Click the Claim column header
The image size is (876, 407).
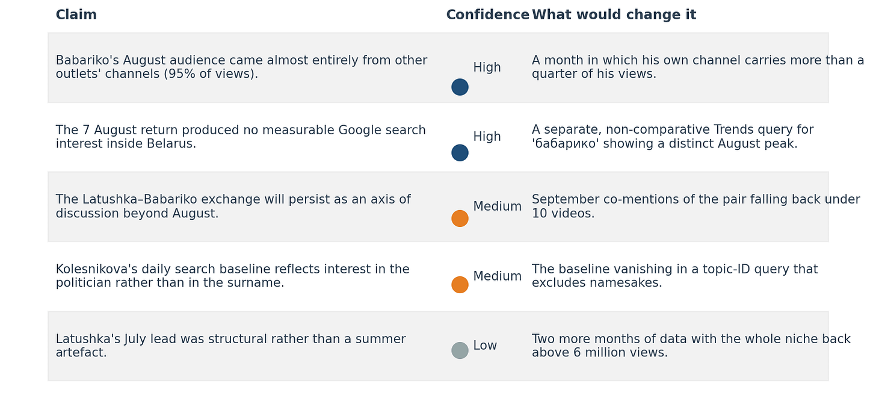tap(76, 15)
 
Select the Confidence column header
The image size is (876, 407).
tap(488, 15)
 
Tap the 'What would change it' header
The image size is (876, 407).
tap(614, 15)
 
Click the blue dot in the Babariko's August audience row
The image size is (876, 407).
tap(460, 87)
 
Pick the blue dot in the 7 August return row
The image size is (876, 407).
tap(460, 153)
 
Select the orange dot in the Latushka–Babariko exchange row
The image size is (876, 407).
tap(460, 219)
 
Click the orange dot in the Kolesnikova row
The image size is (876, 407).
tap(460, 285)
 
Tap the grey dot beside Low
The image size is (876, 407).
tap(460, 350)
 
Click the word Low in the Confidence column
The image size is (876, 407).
tap(485, 346)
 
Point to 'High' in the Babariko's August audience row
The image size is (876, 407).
tap(487, 67)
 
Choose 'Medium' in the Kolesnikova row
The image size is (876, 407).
tap(498, 276)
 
